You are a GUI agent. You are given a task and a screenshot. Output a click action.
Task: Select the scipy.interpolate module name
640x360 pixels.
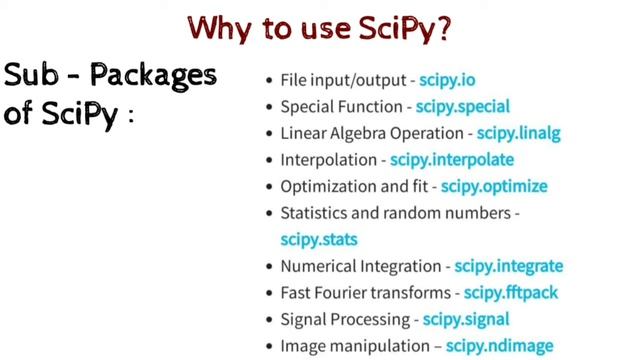(452, 160)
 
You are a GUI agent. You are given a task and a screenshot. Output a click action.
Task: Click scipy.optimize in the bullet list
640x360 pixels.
(494, 186)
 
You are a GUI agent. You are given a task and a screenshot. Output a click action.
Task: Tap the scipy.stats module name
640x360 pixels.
(319, 239)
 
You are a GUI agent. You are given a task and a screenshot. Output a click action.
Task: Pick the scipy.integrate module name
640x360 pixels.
(508, 266)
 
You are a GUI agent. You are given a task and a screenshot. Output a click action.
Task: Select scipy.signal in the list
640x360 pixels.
(466, 319)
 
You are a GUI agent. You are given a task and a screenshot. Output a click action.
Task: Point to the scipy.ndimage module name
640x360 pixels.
(499, 346)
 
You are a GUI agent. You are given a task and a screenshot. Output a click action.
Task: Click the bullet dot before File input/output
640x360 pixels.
(271, 79)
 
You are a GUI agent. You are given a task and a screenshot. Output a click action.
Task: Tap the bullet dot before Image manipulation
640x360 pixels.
(271, 347)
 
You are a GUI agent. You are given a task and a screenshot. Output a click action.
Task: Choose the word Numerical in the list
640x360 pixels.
(315, 266)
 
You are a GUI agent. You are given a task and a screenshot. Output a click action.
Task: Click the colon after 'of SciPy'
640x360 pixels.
(129, 115)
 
